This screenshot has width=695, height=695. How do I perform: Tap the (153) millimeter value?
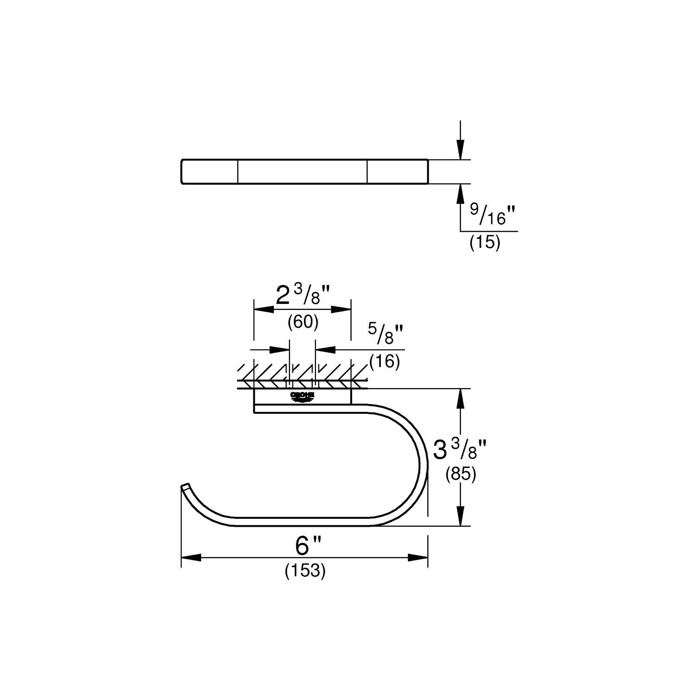pyautogui.click(x=305, y=571)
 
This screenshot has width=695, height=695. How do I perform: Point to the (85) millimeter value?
pyautogui.click(x=461, y=474)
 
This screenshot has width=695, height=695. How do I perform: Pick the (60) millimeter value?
pyautogui.click(x=303, y=322)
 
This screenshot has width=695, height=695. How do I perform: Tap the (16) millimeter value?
pyautogui.click(x=385, y=361)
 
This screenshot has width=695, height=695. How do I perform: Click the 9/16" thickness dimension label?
pyautogui.click(x=493, y=214)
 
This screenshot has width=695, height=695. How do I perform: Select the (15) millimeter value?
pyautogui.click(x=485, y=243)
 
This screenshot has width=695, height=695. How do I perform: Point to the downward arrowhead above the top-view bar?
pyautogui.click(x=460, y=151)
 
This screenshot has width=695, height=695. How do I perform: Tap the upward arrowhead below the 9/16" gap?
pyautogui.click(x=460, y=194)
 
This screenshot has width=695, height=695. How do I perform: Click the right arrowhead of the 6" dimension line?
pyautogui.click(x=417, y=558)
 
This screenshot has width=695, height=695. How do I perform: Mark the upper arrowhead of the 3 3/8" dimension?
pyautogui.click(x=460, y=398)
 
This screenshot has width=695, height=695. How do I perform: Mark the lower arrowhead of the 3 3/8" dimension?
pyautogui.click(x=460, y=516)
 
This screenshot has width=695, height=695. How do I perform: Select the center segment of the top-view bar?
pyautogui.click(x=303, y=172)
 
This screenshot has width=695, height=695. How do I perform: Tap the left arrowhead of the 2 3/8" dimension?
pyautogui.click(x=263, y=309)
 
